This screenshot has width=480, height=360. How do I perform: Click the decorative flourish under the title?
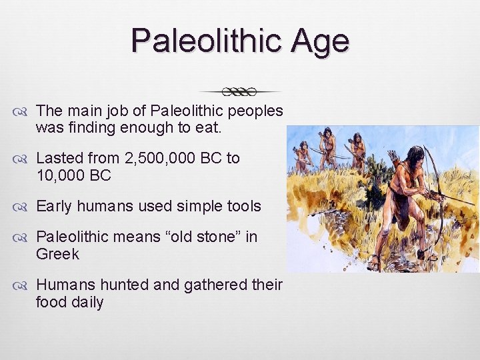(241, 91)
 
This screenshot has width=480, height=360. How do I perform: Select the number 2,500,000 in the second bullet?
(183, 159)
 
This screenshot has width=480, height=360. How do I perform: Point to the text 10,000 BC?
(73, 176)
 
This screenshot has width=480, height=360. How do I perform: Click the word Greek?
(57, 255)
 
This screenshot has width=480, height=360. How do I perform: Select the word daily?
(87, 303)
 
